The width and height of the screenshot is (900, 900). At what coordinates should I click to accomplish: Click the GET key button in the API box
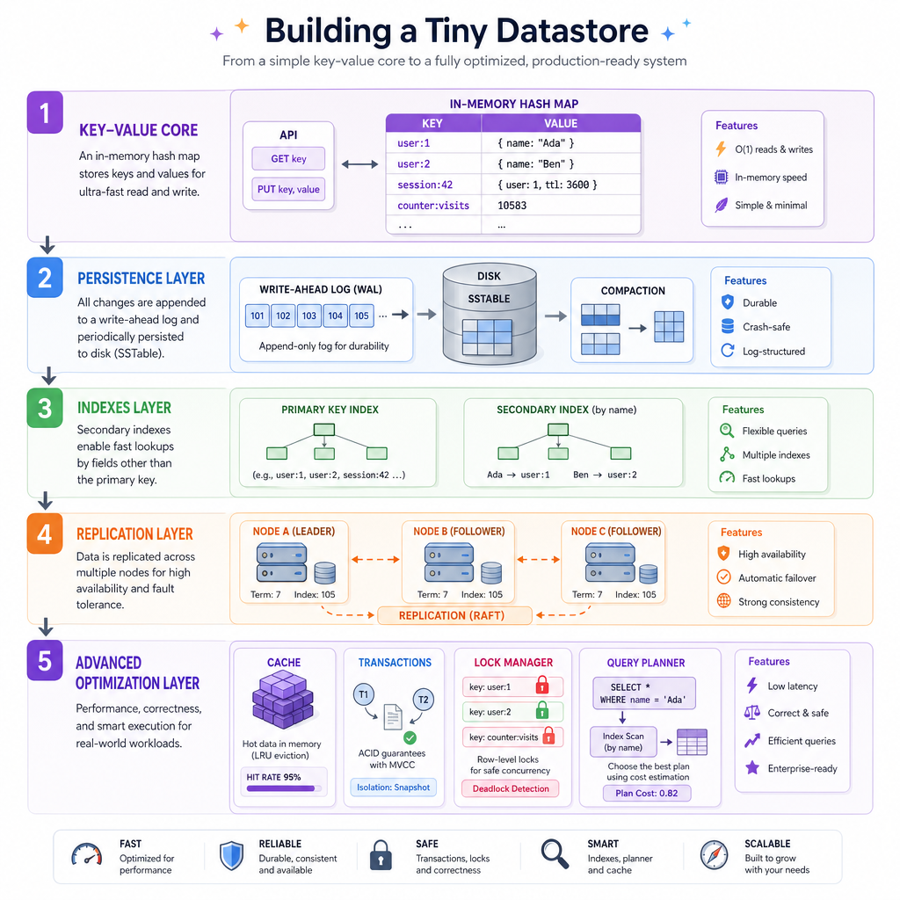288,158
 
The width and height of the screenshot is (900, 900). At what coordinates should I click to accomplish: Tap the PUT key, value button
288,189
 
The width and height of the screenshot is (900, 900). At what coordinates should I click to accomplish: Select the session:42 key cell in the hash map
425,185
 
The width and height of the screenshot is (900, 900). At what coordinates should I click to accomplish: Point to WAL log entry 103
309,316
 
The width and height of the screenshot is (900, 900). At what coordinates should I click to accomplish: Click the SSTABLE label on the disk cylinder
489,299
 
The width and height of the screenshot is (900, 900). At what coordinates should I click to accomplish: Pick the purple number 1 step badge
45,112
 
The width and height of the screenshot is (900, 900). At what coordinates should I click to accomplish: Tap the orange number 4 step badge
45,533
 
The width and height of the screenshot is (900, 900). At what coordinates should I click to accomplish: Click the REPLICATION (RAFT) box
454,615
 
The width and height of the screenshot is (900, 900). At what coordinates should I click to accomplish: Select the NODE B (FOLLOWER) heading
459,532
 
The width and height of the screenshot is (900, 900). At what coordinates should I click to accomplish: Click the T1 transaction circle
363,694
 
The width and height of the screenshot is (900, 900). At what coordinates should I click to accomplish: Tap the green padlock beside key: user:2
541,710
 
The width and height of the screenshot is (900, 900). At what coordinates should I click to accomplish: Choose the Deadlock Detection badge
511,788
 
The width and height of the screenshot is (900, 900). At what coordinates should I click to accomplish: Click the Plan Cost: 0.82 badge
647,794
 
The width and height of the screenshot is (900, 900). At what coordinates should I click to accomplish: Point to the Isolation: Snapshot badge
393,787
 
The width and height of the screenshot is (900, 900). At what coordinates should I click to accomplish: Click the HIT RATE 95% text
274,777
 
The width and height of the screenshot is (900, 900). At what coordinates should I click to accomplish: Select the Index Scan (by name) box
623,742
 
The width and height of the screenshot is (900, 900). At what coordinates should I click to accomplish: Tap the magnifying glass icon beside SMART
555,854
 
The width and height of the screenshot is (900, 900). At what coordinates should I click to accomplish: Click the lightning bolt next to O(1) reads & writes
721,149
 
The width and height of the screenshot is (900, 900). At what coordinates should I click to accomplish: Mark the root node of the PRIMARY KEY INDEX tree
324,429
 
